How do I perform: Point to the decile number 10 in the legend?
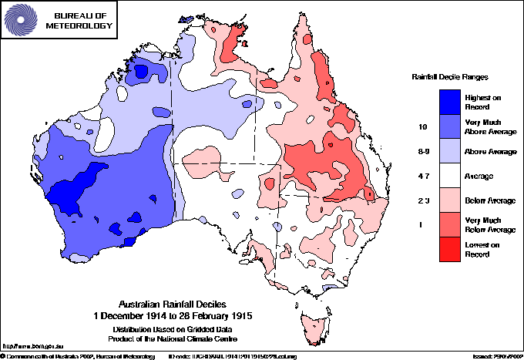(x=422, y=126)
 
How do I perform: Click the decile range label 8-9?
(x=422, y=152)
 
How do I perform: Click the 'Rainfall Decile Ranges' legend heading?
(x=450, y=78)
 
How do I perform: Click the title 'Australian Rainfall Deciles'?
(x=174, y=304)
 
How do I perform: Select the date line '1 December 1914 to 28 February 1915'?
(x=174, y=315)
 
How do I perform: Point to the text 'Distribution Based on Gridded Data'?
(x=174, y=328)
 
